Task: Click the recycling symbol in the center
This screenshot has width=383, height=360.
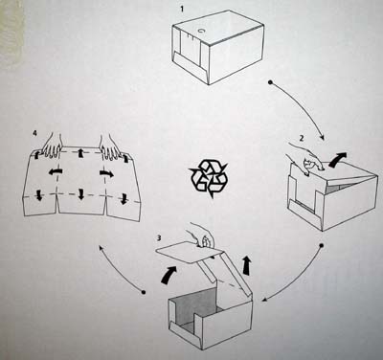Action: point(209,178)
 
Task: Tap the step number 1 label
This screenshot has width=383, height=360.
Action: point(182,9)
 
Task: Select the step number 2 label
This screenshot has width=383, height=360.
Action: point(302,138)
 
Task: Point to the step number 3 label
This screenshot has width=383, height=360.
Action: point(159,237)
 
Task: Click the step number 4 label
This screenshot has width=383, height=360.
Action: point(34,133)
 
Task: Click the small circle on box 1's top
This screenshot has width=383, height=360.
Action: point(202,31)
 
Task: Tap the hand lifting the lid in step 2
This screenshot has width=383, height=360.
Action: point(304,158)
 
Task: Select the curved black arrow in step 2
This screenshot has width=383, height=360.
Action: point(338,159)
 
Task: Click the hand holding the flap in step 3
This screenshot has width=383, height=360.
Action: point(200,235)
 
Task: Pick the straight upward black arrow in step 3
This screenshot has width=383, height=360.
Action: point(247,265)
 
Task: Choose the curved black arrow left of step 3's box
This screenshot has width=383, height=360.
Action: point(169,275)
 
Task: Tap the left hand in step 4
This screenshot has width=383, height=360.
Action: point(52,146)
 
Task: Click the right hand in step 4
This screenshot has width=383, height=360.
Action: point(110,147)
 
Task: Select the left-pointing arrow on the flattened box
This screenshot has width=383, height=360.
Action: point(56,172)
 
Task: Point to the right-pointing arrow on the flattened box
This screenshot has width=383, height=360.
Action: point(106,173)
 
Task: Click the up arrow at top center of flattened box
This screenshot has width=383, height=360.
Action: point(81,152)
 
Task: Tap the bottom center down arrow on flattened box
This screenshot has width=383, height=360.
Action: point(81,194)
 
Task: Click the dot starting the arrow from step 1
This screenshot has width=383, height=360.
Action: point(270,82)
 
